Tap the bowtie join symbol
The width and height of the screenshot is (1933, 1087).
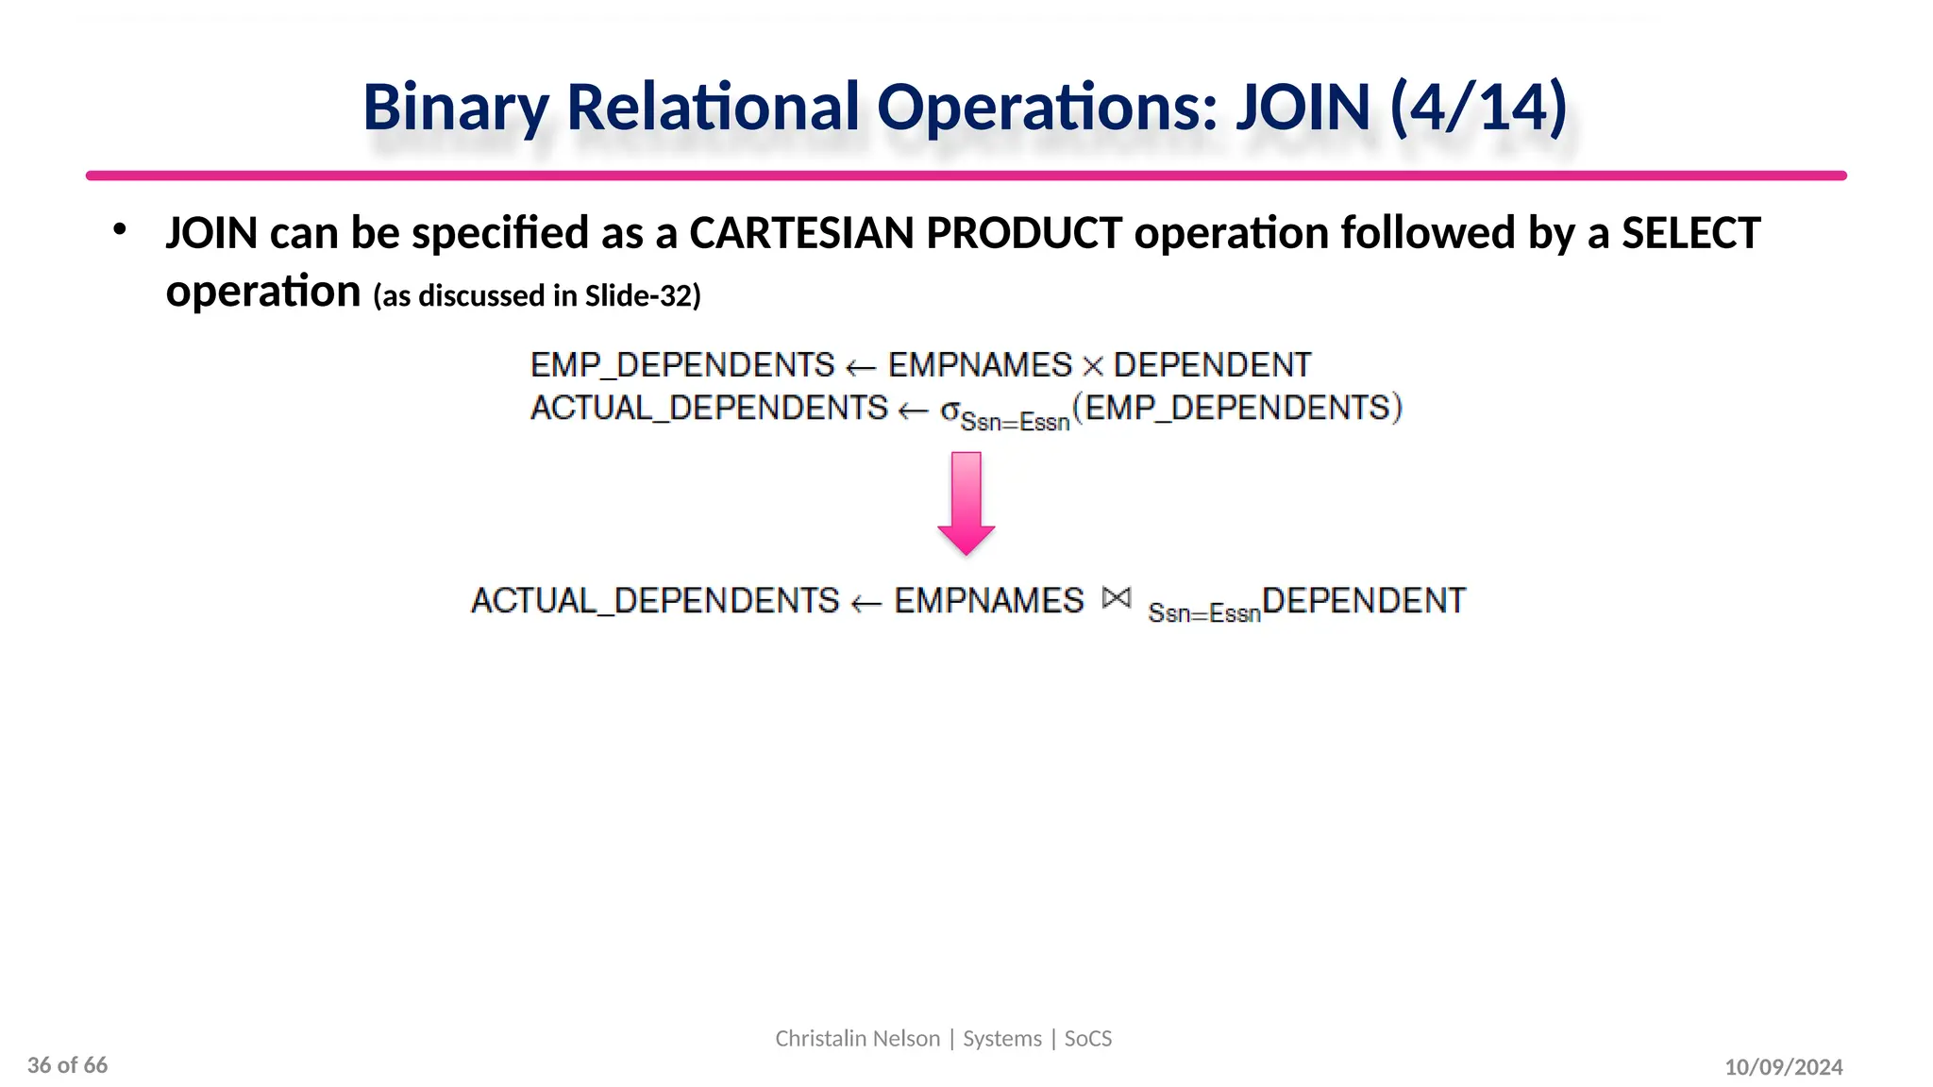pyautogui.click(x=1116, y=598)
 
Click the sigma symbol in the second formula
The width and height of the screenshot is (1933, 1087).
pyautogui.click(x=950, y=410)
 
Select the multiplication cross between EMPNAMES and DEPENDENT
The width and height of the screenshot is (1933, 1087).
pyautogui.click(x=1093, y=367)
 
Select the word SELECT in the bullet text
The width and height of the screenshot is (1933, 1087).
pyautogui.click(x=1690, y=233)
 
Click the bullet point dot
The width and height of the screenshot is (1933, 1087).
pyautogui.click(x=119, y=229)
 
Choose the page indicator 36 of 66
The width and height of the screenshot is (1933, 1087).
pyautogui.click(x=68, y=1065)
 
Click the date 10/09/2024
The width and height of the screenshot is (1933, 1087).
pyautogui.click(x=1783, y=1067)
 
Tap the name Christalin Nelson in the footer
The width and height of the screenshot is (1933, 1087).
pyautogui.click(x=857, y=1039)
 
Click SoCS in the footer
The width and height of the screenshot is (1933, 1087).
pyautogui.click(x=1088, y=1039)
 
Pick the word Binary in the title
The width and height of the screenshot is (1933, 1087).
pyautogui.click(x=455, y=109)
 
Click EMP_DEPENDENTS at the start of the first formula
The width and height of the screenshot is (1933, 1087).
pyautogui.click(x=682, y=365)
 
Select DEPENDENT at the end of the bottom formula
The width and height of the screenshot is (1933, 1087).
pyautogui.click(x=1363, y=601)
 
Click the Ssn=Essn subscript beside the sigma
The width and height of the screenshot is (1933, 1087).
pyautogui.click(x=1015, y=422)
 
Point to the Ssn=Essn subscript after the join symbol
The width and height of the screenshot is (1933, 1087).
pyautogui.click(x=1203, y=613)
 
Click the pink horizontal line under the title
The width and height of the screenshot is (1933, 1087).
pyautogui.click(x=966, y=176)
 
